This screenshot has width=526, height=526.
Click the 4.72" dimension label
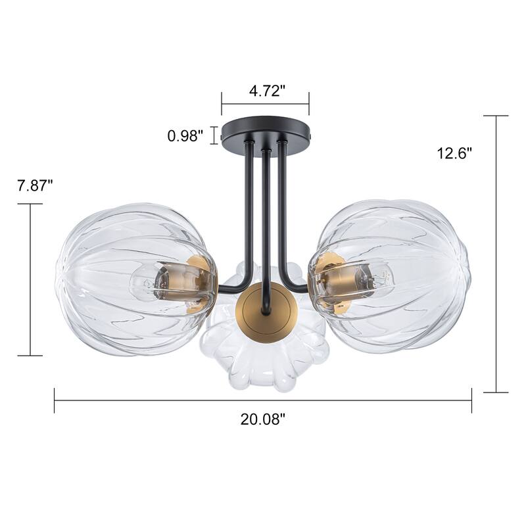266,91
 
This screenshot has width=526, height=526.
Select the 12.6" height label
455,153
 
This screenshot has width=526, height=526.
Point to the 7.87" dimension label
35,185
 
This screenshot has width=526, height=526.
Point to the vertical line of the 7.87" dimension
30,279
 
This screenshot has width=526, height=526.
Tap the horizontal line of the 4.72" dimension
265,104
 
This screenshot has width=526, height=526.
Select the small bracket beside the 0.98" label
212,135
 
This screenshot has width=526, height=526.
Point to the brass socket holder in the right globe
332,279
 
